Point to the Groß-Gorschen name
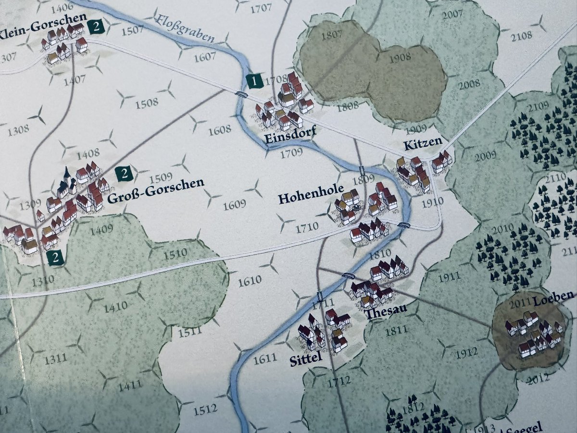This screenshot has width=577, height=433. point(156,184)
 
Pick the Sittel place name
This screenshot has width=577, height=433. point(305,360)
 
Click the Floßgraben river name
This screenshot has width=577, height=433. point(185,29)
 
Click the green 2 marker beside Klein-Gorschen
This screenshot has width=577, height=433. point(96,27)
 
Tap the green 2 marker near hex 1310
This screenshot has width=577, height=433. point(56,258)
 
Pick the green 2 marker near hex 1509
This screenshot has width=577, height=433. point(125,173)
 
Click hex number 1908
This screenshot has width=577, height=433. point(401,56)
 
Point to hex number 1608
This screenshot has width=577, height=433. point(220,129)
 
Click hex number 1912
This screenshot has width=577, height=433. point(467,353)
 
